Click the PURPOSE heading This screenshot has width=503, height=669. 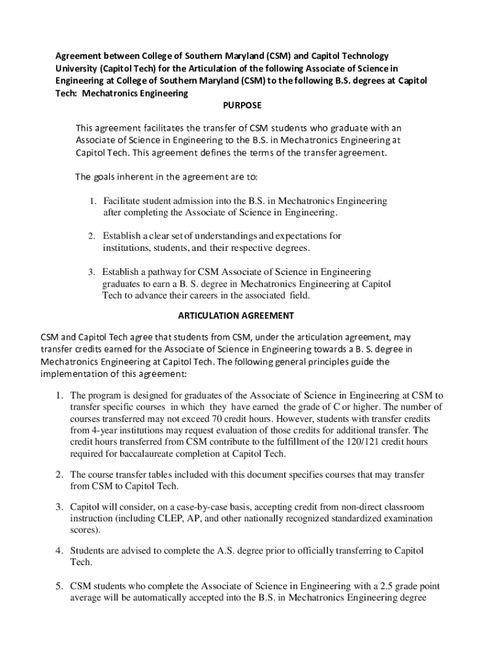tap(242, 105)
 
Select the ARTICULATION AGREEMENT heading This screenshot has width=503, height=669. tap(236, 316)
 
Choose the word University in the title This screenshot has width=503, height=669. tap(74, 69)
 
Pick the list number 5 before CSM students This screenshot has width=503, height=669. tap(58, 585)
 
